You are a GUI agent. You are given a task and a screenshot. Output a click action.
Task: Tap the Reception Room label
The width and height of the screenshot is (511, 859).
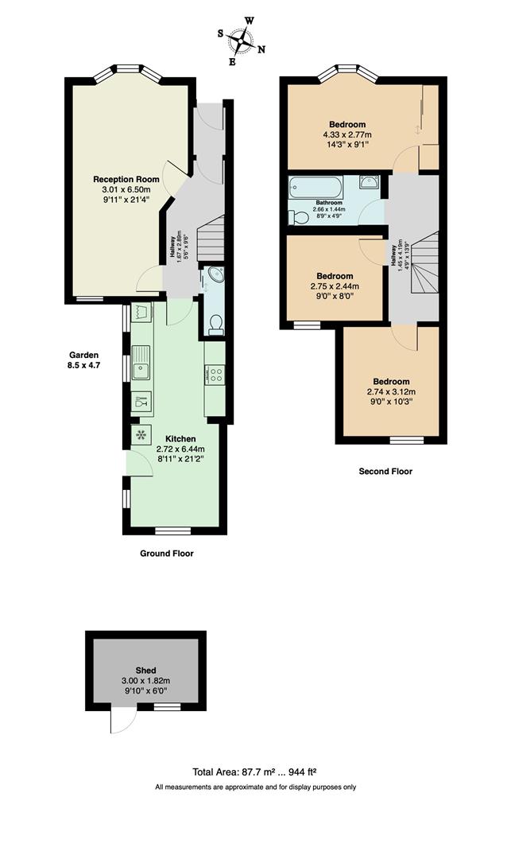click(x=126, y=179)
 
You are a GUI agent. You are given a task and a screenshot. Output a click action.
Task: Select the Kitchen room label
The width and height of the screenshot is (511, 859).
click(x=180, y=438)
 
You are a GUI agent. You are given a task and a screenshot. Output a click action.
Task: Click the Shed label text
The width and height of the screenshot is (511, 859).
click(x=145, y=670)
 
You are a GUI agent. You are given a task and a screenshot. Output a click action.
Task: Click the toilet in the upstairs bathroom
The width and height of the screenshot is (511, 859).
click(x=300, y=217)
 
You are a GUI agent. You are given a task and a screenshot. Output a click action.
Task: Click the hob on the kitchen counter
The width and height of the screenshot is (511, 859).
click(x=215, y=374)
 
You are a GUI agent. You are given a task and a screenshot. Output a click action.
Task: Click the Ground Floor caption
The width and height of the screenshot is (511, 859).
click(x=166, y=553)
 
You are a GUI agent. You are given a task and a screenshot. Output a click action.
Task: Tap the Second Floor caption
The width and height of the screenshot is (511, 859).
click(x=385, y=471)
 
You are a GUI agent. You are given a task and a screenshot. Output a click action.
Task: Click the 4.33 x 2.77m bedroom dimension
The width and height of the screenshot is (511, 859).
click(x=346, y=135)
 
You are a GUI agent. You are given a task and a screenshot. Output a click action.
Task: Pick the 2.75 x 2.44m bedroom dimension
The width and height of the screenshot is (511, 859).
click(x=335, y=286)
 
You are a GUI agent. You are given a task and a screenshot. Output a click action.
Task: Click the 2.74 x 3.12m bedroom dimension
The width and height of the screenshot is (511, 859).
click(x=391, y=392)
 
